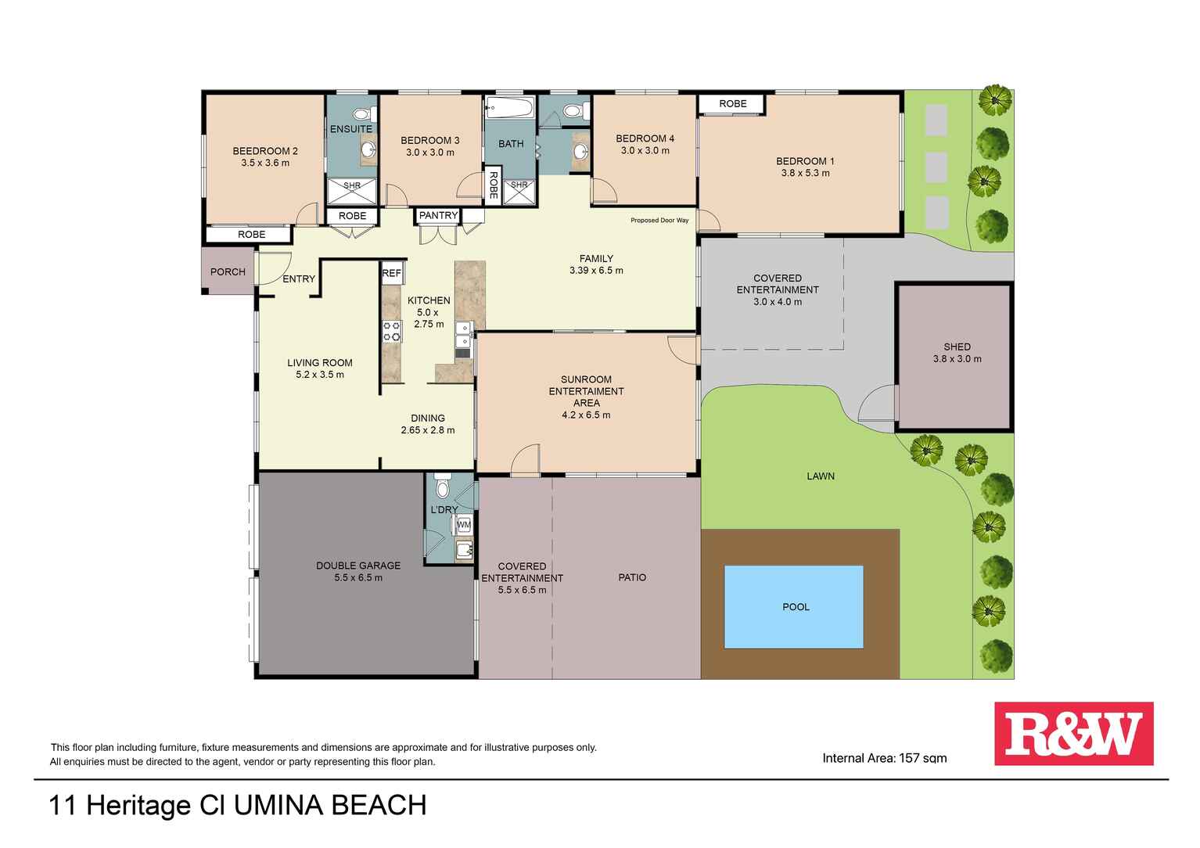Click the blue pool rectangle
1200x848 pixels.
793,606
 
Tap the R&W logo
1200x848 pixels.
1073,734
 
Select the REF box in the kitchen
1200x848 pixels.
391,273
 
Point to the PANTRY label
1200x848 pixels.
438,215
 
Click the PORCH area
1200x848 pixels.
228,271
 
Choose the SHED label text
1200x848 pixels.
957,347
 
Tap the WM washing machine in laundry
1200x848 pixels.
464,524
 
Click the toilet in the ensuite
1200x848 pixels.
361,113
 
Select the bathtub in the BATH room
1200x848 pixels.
509,107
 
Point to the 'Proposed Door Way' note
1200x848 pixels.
659,221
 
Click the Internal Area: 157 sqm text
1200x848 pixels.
884,758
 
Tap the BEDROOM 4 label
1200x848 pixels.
645,138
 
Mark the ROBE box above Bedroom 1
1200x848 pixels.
732,103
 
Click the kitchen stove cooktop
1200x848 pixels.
391,332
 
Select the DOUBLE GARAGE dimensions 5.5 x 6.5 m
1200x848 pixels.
358,578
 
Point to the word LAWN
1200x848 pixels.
821,476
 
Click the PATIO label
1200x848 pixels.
632,577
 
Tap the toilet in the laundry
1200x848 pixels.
442,487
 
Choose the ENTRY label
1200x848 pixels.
299,279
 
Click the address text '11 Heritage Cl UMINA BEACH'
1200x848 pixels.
238,806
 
